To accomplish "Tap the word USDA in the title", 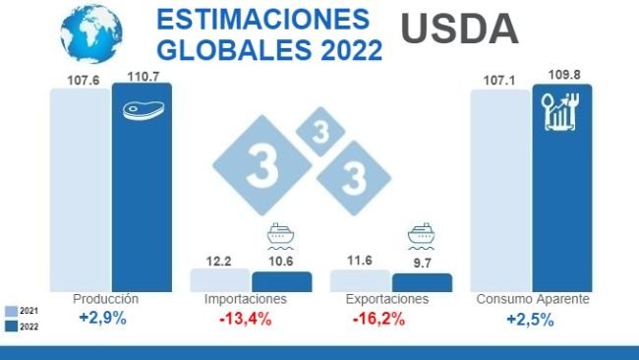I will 459,30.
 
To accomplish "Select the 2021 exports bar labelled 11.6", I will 360,280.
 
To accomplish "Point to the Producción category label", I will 106,299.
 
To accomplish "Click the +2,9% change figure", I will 102,319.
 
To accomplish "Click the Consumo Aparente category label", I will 532,299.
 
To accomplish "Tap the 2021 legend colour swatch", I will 9,310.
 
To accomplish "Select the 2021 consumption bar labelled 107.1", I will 499,187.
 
